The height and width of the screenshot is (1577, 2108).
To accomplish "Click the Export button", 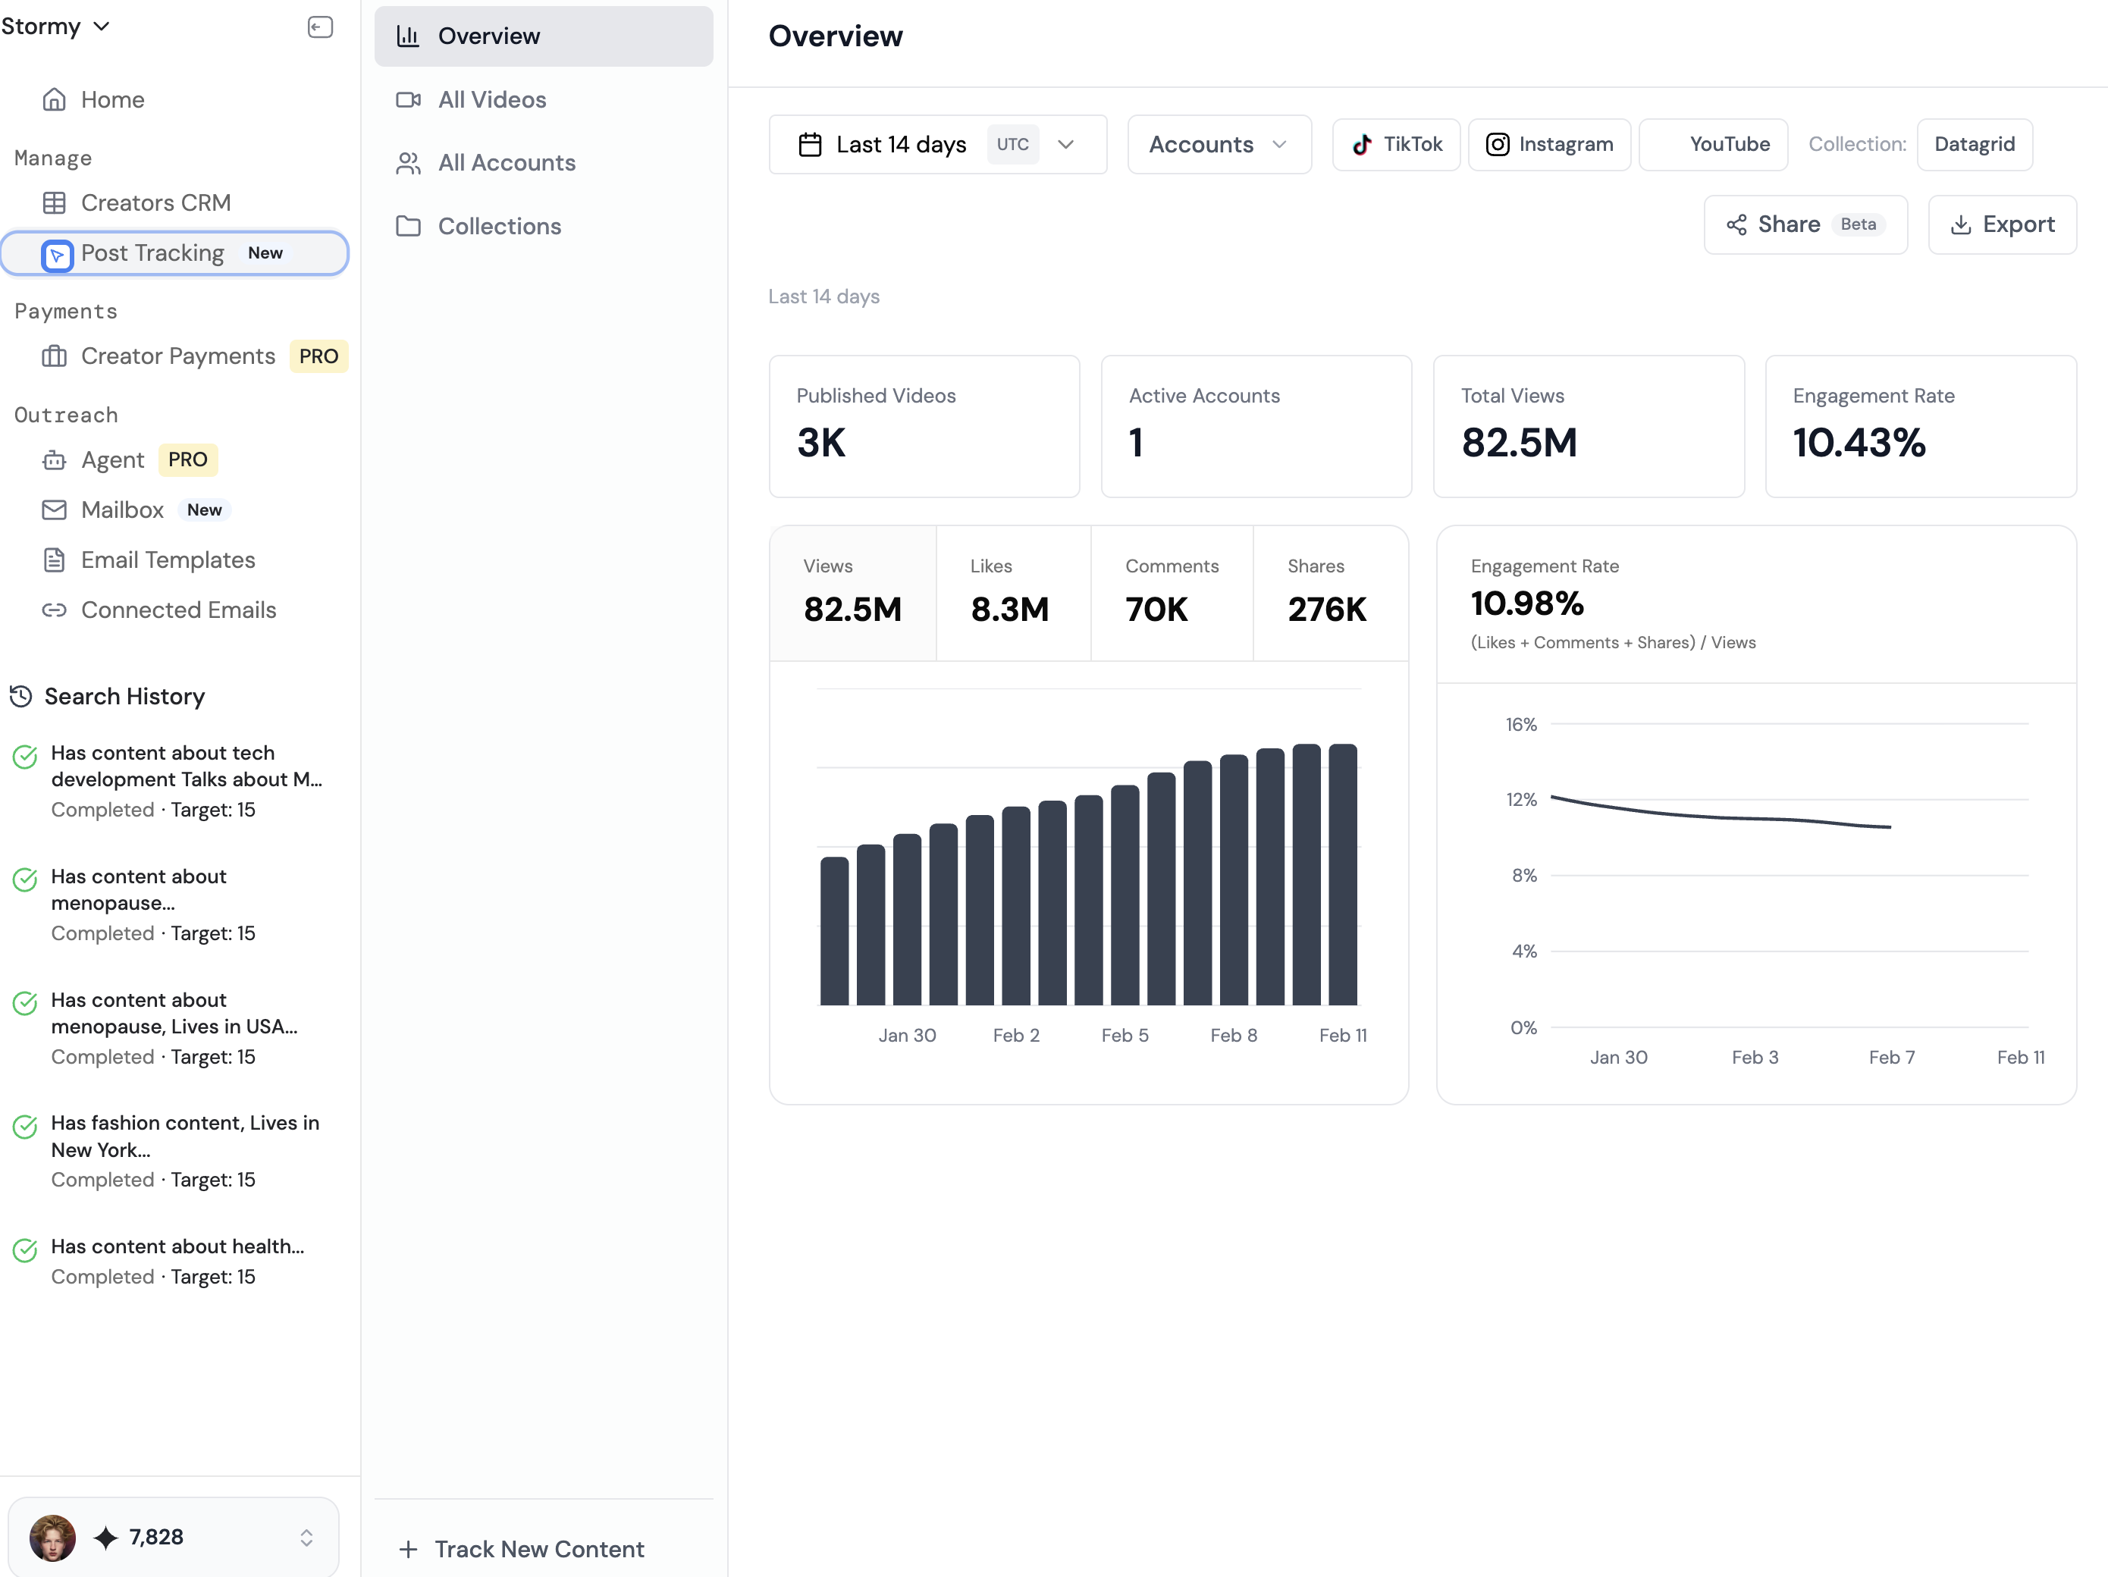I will coord(2001,225).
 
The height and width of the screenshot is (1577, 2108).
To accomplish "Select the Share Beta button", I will coord(1804,225).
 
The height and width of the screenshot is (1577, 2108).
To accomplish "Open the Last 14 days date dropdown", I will coord(936,145).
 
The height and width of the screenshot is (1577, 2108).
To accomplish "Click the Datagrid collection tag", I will coord(1974,145).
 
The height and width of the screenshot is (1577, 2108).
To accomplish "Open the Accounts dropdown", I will coord(1218,145).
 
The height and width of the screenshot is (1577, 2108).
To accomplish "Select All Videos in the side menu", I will coord(491,100).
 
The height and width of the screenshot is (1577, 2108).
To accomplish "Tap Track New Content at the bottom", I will coord(538,1548).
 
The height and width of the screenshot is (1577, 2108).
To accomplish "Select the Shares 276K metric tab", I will coord(1328,593).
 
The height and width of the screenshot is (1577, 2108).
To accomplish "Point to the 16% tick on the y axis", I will coord(1521,725).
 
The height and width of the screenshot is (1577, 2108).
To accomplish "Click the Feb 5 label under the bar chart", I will coord(1125,1036).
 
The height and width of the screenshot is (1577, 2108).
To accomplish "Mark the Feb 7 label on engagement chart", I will coord(1890,1058).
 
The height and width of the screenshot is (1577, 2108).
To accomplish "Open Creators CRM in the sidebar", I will coord(155,203).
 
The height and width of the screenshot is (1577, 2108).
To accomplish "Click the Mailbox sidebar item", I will coord(122,511).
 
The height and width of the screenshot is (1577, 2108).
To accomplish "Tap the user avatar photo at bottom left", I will coord(52,1537).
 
